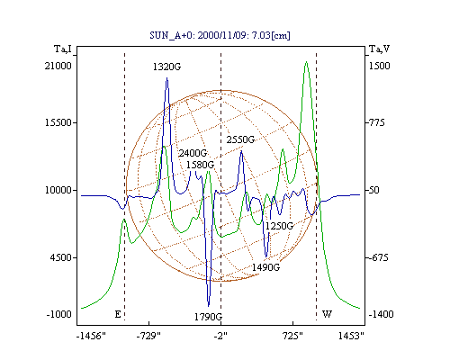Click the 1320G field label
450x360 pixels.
pyautogui.click(x=166, y=67)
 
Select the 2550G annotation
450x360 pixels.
pyautogui.click(x=240, y=139)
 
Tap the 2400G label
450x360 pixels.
pyautogui.click(x=193, y=153)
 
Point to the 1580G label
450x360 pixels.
pyautogui.click(x=200, y=165)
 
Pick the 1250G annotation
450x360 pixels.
pyautogui.click(x=279, y=226)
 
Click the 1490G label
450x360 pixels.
pyautogui.click(x=265, y=267)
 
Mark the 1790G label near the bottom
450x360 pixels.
pyautogui.click(x=208, y=317)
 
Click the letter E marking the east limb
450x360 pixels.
pyautogui.click(x=118, y=314)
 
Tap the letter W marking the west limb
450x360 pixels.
pyautogui.click(x=327, y=314)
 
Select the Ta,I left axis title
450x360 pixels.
pyautogui.click(x=63, y=49)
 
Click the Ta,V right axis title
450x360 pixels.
pyautogui.click(x=379, y=49)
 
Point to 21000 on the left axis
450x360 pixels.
pyautogui.click(x=58, y=66)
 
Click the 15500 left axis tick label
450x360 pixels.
pyautogui.click(x=58, y=122)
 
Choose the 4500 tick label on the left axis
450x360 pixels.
pyautogui.click(x=61, y=257)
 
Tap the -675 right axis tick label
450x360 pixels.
pyautogui.click(x=379, y=257)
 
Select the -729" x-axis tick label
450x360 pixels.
pyautogui.click(x=148, y=336)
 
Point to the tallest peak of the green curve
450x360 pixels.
pyautogui.click(x=306, y=62)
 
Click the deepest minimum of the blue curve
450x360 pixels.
pyautogui.click(x=209, y=306)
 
